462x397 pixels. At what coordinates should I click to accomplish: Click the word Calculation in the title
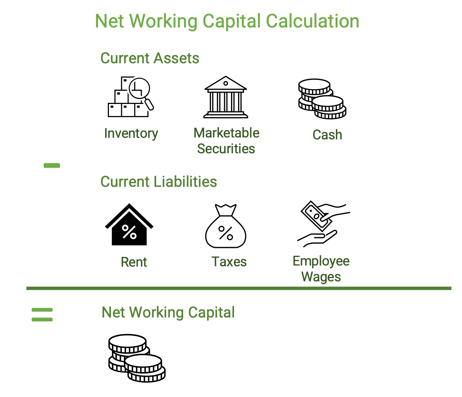[312, 21]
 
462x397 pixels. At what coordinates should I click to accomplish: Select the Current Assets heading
[150, 58]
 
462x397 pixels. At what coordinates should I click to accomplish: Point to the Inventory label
[131, 133]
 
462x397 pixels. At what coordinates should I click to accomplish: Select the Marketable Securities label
[226, 140]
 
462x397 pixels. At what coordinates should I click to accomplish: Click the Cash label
[327, 134]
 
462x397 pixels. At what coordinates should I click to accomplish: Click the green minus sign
[52, 165]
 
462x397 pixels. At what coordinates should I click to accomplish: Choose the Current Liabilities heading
[159, 182]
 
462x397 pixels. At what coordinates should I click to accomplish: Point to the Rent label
[134, 262]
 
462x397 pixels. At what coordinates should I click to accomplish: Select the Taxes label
[229, 261]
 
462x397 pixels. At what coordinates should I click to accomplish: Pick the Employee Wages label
[321, 269]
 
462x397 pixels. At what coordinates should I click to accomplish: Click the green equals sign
[42, 315]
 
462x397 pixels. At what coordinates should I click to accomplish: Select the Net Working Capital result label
[168, 312]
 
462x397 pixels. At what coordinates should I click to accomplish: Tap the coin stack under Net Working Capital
[137, 358]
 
